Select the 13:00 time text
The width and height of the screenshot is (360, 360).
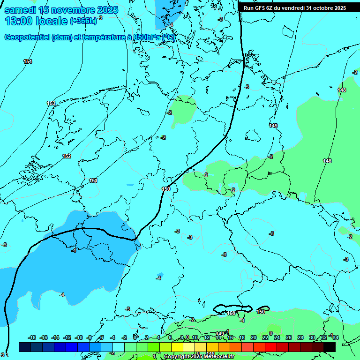tap(20, 21)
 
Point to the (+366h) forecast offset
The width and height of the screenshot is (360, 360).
tap(83, 21)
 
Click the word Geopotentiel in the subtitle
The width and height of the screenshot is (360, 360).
tap(27, 37)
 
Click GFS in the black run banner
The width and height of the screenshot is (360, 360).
tap(261, 8)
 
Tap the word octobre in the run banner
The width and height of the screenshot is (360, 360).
tap(322, 8)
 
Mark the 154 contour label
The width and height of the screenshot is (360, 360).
tap(28, 62)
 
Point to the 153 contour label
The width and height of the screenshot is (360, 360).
tap(51, 103)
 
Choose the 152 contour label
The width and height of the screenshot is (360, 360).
tap(67, 156)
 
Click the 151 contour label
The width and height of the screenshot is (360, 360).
tap(93, 180)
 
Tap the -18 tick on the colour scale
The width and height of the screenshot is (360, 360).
tap(32, 337)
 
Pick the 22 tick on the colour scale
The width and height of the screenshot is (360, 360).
tap(265, 337)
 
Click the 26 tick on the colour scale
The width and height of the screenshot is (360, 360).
tap(288, 337)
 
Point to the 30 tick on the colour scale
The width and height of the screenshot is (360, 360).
tap(312, 337)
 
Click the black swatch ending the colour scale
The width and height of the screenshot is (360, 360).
tap(329, 347)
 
